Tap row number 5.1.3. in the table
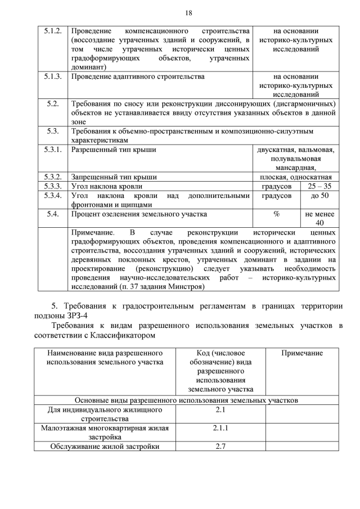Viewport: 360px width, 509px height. click(52, 76)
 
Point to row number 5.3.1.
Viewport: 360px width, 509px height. click(52, 150)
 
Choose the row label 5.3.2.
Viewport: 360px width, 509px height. click(52, 177)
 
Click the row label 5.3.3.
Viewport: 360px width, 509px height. click(52, 186)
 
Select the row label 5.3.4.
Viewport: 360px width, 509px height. click(52, 196)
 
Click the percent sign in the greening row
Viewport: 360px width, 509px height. click(277, 214)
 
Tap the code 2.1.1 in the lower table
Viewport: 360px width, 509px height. click(220, 428)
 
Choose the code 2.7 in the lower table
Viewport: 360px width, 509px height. click(220, 447)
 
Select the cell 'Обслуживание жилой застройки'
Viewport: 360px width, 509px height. click(105, 447)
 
